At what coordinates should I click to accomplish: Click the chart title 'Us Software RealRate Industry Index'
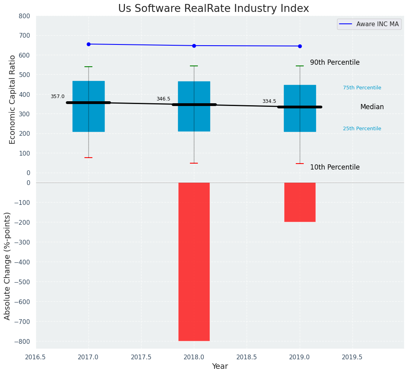tap(213, 9)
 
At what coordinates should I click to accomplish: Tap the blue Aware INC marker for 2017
tap(88, 44)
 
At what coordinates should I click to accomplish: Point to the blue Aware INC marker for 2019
tap(300, 46)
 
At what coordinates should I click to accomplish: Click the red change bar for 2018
tap(194, 262)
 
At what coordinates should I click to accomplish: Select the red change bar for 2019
tap(300, 202)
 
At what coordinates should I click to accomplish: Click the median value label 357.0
tap(57, 96)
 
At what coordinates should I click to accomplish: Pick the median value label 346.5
tap(163, 99)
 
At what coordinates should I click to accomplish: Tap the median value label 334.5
tap(269, 101)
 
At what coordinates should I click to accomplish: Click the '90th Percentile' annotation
tap(335, 63)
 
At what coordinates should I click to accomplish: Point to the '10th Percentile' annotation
tap(335, 168)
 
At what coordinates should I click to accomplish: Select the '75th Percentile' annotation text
tap(362, 88)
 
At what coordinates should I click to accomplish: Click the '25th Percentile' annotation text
tap(362, 129)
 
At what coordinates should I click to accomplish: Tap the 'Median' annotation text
tap(372, 107)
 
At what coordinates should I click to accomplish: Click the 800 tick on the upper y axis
tap(24, 16)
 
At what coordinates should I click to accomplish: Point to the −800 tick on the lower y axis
tap(23, 341)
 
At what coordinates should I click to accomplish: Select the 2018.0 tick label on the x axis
tap(194, 357)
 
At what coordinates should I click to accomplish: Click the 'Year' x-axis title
tap(220, 366)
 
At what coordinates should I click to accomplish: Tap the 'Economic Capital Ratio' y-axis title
tap(12, 99)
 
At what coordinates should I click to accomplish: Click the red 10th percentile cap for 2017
tap(88, 158)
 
